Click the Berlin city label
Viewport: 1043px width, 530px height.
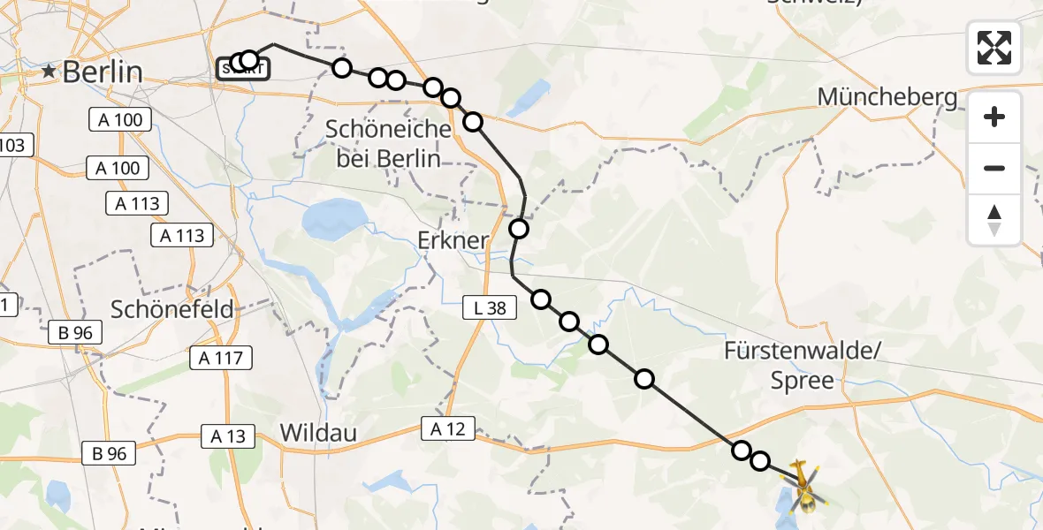(x=102, y=72)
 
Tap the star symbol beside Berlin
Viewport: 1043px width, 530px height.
(x=49, y=72)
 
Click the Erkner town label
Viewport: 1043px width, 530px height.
(x=453, y=240)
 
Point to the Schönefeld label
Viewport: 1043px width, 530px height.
(x=172, y=309)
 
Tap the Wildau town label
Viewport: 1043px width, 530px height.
(x=318, y=433)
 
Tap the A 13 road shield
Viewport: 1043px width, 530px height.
(x=228, y=435)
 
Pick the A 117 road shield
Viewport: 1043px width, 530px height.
(x=222, y=357)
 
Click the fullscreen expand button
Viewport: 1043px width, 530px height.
(x=994, y=48)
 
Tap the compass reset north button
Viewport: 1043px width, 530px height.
(x=994, y=220)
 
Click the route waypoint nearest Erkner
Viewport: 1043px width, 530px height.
(x=519, y=230)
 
